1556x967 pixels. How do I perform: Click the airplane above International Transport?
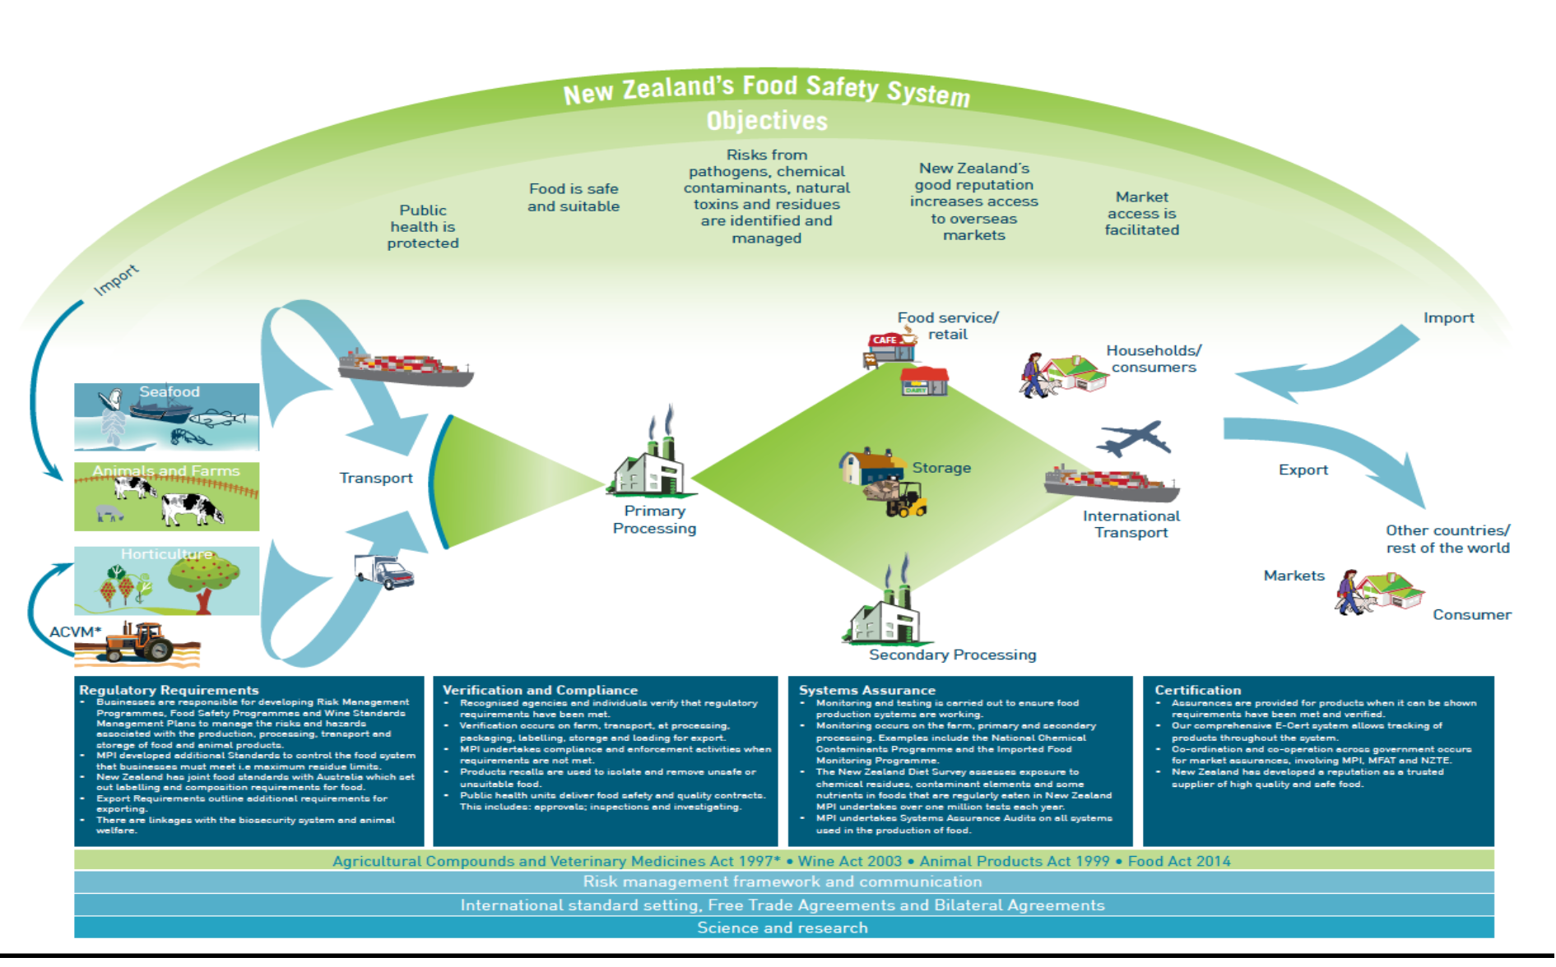[x=1133, y=439]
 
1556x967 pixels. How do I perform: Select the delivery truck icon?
[x=383, y=571]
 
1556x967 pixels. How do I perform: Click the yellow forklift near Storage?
[x=907, y=500]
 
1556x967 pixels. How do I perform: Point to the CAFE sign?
[x=885, y=340]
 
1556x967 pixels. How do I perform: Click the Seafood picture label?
[x=169, y=392]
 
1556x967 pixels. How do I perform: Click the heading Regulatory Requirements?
[x=169, y=690]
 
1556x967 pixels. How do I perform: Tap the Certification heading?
[x=1197, y=690]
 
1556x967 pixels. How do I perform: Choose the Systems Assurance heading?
[x=866, y=690]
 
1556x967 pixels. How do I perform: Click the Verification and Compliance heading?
[x=540, y=690]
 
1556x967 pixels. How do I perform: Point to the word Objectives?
[x=767, y=121]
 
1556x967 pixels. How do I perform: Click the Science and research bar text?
[x=782, y=928]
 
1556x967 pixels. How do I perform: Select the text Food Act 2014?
[x=1178, y=861]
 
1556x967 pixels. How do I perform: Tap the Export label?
[x=1303, y=470]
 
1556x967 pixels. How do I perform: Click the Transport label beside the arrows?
[x=376, y=478]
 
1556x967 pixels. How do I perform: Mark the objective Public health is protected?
[x=423, y=226]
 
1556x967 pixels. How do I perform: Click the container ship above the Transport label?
[x=406, y=368]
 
